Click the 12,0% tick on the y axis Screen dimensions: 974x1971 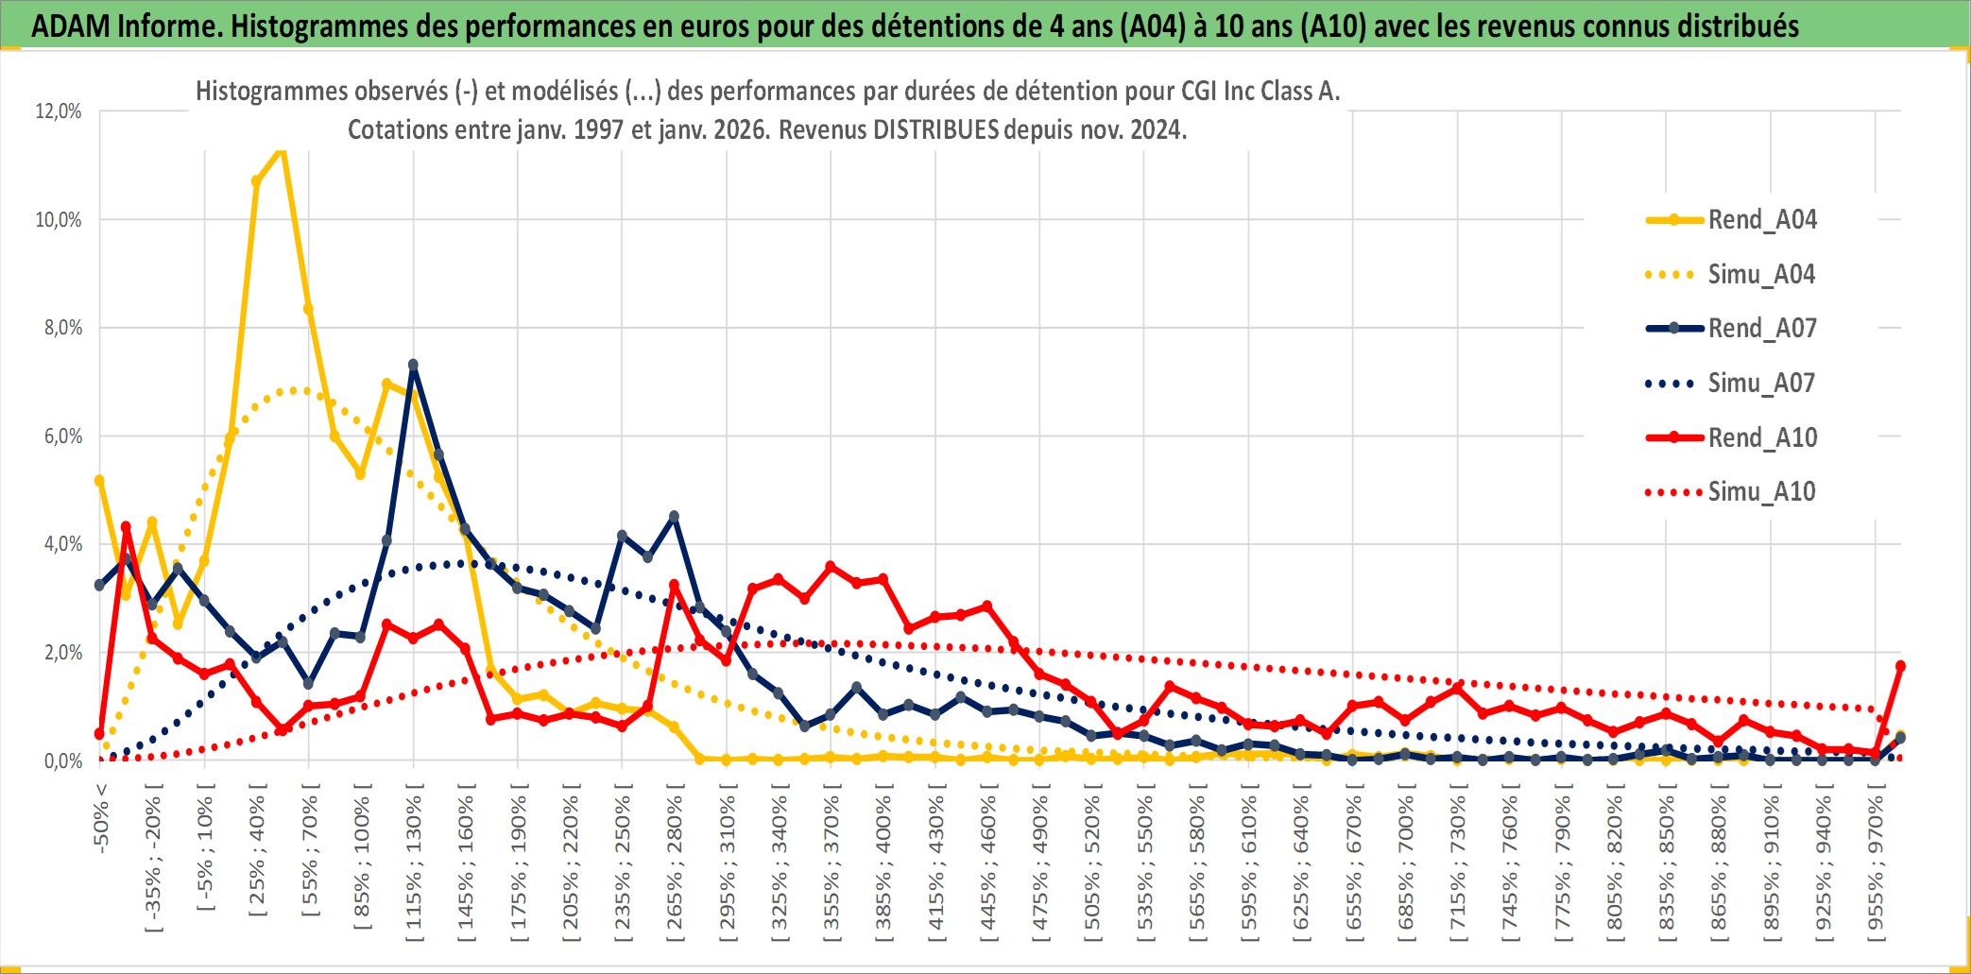point(59,111)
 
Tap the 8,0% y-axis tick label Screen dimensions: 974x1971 point(59,328)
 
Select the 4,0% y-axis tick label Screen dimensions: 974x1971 point(59,544)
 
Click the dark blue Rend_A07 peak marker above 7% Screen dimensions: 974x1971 point(413,365)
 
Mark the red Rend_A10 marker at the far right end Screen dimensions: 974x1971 point(1900,666)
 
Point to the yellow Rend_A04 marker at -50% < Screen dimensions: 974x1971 point(99,481)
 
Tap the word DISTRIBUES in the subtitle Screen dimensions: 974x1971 point(935,130)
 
